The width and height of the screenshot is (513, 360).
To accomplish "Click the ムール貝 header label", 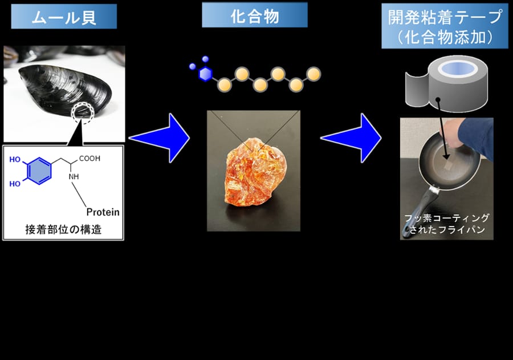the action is tap(64, 17).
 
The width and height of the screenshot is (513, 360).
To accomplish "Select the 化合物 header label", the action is tap(255, 15).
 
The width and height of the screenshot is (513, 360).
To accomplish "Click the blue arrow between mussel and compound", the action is tap(160, 138).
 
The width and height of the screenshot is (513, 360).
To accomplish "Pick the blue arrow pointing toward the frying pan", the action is tap(351, 138).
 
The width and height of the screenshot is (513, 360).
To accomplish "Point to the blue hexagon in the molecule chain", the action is tap(205, 74).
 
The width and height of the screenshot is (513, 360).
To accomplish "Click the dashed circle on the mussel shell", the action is tap(83, 113).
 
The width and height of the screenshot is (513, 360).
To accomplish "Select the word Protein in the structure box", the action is tap(103, 212).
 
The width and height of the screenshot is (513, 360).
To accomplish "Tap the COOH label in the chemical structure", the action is tap(89, 159).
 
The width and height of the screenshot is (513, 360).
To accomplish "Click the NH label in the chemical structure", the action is tap(74, 176).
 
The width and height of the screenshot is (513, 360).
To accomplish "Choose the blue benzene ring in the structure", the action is tap(39, 171).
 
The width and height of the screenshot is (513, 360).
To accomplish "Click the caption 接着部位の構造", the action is tap(63, 229).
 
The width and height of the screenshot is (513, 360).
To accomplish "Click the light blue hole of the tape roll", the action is tap(458, 68).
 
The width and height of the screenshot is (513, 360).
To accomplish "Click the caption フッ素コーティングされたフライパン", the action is tap(447, 224).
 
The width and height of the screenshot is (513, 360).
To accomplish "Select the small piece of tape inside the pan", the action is tap(449, 167).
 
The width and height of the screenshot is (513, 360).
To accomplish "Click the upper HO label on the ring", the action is tap(15, 160).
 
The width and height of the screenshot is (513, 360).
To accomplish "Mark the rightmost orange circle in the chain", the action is tap(313, 74).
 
